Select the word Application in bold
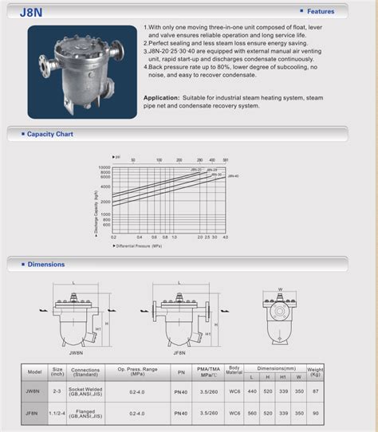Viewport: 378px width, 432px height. [161, 97]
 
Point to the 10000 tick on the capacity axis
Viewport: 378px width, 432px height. [104, 168]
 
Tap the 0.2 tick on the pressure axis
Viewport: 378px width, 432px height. [113, 237]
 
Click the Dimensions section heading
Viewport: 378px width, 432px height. [45, 264]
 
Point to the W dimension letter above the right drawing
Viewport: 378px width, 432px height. [280, 290]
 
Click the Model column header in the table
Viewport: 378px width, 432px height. [34, 371]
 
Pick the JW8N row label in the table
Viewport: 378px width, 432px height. [33, 391]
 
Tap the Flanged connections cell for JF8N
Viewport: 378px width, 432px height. [85, 414]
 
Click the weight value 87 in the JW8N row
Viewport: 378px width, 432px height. [315, 391]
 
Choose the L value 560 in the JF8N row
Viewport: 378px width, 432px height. [251, 414]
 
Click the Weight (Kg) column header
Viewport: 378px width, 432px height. [316, 371]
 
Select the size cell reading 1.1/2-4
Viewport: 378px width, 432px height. [57, 414]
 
